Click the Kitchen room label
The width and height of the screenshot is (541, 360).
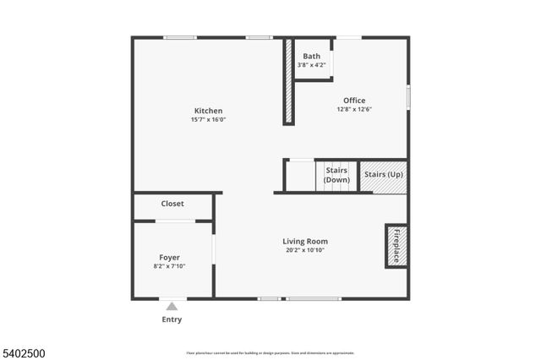point(208,111)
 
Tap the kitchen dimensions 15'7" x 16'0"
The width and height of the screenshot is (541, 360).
point(208,120)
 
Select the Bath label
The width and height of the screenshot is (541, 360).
point(312,57)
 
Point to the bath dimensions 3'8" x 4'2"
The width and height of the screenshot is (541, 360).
point(312,66)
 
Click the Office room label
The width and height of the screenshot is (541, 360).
point(354,101)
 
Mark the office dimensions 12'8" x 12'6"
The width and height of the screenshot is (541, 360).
point(354,109)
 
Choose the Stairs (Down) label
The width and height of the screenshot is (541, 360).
point(336,175)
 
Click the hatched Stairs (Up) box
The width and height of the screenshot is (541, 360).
point(383,176)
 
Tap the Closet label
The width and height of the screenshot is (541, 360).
point(172,204)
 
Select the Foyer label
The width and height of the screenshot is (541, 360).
point(170,257)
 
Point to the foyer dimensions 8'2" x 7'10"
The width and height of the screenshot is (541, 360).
point(170,266)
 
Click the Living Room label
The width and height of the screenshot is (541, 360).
point(305,241)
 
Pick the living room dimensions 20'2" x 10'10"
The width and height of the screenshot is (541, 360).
point(305,250)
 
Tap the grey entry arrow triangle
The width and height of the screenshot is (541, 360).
point(172,306)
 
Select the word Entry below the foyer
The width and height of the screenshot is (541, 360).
point(172,319)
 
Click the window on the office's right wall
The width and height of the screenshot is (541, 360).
point(408,95)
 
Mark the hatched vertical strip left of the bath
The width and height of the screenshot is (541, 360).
point(288,81)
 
